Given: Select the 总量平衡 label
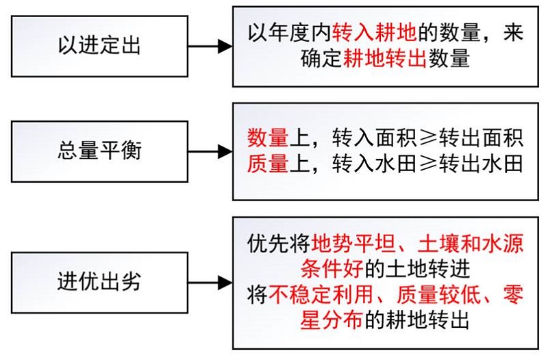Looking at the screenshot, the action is click(99, 151).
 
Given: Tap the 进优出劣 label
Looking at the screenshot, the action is click(99, 282).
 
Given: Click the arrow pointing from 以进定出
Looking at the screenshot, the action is click(210, 46).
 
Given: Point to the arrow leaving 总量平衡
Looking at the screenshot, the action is click(210, 151).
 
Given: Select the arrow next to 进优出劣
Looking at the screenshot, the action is click(210, 283).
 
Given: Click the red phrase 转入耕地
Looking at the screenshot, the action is click(374, 32).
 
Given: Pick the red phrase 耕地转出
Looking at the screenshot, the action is click(385, 58).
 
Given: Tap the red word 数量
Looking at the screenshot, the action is click(268, 138).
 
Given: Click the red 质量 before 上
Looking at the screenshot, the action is click(268, 164).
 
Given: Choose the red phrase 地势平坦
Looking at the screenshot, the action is click(353, 244).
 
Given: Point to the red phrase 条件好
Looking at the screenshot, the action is click(332, 269).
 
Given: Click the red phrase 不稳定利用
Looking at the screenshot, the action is click(321, 294).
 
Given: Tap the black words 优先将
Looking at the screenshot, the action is click(279, 244).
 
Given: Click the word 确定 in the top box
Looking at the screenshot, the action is click(321, 58).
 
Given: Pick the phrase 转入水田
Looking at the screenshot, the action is click(374, 164).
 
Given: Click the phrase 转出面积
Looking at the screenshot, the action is click(482, 138).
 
